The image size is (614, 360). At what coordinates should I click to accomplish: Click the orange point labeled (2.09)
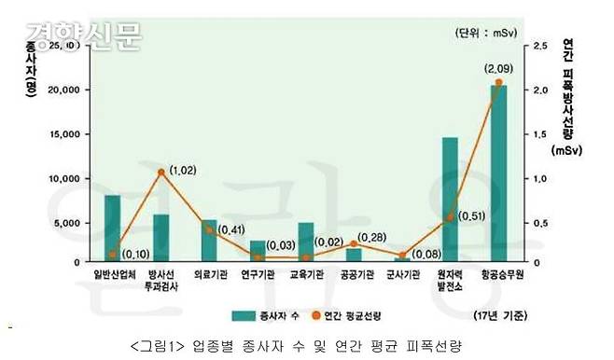(x=498, y=83)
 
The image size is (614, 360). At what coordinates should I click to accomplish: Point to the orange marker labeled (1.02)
(x=161, y=173)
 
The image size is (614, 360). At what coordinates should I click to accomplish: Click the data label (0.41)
(x=232, y=228)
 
